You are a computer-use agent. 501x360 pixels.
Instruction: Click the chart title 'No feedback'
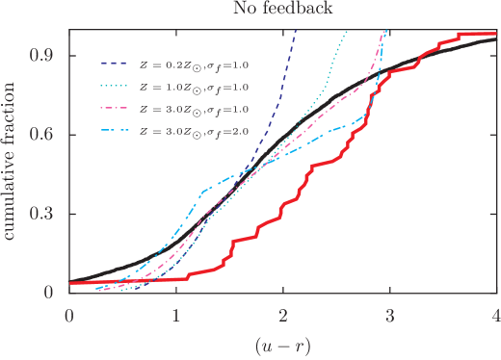tap(282, 10)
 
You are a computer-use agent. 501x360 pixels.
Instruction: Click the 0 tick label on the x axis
tap(69, 314)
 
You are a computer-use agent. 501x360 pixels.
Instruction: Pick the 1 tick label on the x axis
tap(176, 314)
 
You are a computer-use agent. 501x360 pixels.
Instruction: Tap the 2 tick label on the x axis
tap(282, 314)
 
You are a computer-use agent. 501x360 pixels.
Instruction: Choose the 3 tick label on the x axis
tap(389, 314)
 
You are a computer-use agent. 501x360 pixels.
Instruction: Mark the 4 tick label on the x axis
tap(495, 314)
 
